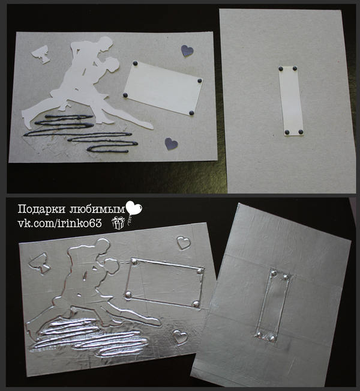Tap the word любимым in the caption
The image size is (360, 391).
[x=97, y=209]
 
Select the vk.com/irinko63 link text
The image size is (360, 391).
[x=59, y=223]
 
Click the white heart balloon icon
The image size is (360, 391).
[x=134, y=208]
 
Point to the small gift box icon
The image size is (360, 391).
[x=118, y=223]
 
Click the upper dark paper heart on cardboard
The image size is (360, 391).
[x=187, y=50]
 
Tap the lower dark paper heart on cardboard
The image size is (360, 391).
[x=171, y=144]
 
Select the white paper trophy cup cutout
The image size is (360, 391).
[x=41, y=54]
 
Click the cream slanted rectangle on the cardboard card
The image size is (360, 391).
[x=163, y=88]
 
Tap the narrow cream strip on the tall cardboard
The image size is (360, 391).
[x=291, y=101]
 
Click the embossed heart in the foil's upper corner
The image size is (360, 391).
[x=184, y=243]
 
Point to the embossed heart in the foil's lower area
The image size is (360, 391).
[x=181, y=337]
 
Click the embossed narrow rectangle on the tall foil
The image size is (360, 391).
[x=274, y=305]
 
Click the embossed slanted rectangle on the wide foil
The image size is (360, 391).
[x=164, y=283]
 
